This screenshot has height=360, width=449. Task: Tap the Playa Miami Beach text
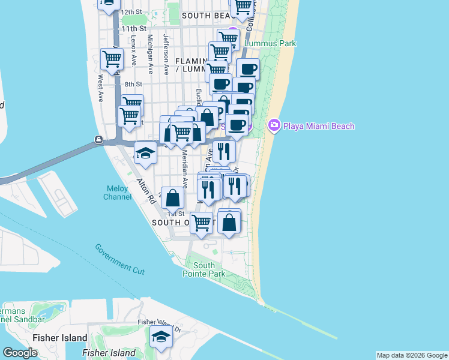click(x=319, y=126)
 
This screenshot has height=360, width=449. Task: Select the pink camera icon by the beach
click(x=274, y=125)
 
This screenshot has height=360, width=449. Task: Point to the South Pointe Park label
click(x=204, y=269)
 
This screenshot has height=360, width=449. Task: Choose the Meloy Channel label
click(x=118, y=192)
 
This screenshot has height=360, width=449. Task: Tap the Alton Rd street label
click(x=145, y=191)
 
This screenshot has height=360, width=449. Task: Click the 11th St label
click(x=133, y=28)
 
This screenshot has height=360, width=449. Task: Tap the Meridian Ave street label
click(x=184, y=170)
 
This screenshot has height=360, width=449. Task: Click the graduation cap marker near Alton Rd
click(x=145, y=153)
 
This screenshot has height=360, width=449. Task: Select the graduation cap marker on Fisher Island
click(x=160, y=338)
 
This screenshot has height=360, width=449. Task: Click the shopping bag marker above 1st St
click(x=172, y=197)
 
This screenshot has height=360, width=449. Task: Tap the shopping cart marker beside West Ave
click(x=112, y=59)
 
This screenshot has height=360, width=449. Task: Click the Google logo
click(x=20, y=353)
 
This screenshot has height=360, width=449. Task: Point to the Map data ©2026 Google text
click(x=411, y=355)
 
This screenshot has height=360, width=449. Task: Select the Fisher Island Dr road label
click(x=159, y=325)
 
